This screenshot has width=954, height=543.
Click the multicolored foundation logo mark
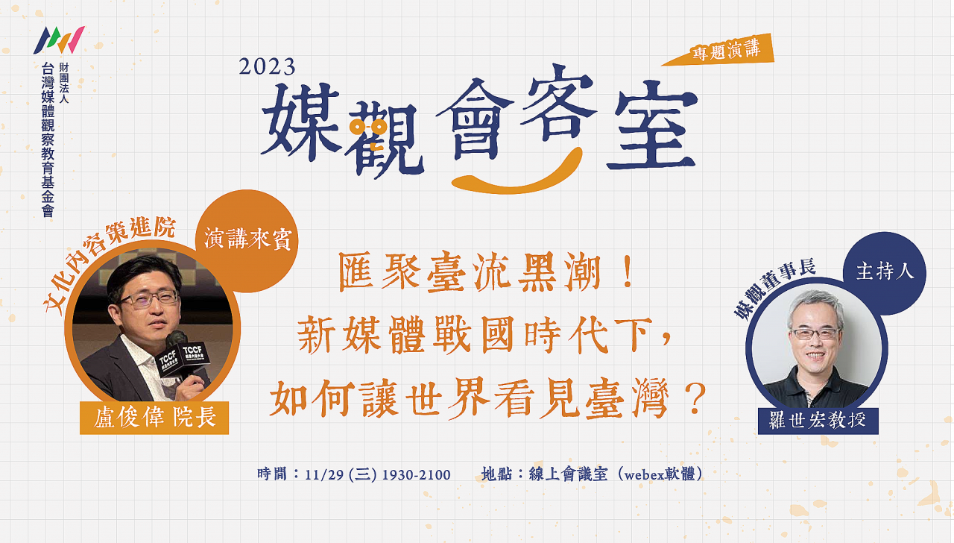(59, 40)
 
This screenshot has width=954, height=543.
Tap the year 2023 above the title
(267, 67)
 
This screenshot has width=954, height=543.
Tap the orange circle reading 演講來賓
(247, 241)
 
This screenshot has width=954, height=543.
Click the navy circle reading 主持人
(885, 273)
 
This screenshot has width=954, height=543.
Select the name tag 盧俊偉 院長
(154, 418)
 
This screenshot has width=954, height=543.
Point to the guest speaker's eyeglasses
(150, 298)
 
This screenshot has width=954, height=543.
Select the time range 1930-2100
(416, 475)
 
